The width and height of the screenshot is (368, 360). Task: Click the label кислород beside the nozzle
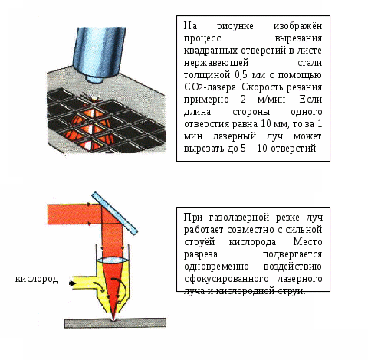point(37,279)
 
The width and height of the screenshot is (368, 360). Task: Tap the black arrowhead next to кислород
point(73,283)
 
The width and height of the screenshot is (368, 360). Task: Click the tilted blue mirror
point(115,213)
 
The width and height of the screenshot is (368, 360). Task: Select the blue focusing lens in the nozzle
point(113,260)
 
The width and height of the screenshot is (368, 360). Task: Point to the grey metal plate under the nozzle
point(115,322)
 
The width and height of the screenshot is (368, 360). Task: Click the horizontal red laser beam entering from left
point(74,214)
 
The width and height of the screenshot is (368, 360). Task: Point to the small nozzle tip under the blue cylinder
point(94,79)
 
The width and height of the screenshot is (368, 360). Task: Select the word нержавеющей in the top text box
point(216,63)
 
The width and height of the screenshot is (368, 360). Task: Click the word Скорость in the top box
point(263,87)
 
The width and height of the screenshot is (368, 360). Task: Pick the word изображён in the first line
point(297,26)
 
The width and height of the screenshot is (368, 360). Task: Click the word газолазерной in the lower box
point(239,218)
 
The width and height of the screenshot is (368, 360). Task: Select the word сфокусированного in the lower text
point(226,279)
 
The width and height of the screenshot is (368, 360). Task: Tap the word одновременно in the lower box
point(216,267)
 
